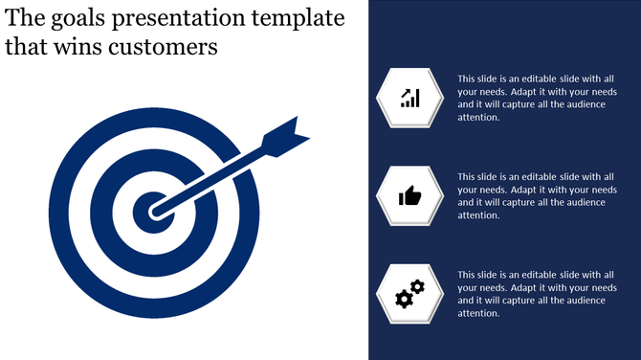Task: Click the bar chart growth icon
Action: point(410,97)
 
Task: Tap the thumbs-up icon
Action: point(410,196)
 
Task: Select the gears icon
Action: point(410,294)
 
